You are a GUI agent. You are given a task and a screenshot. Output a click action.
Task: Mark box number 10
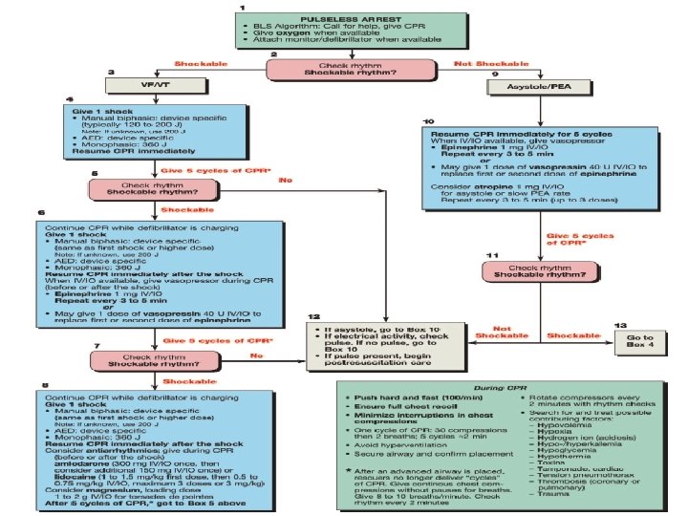[x=428, y=121]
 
